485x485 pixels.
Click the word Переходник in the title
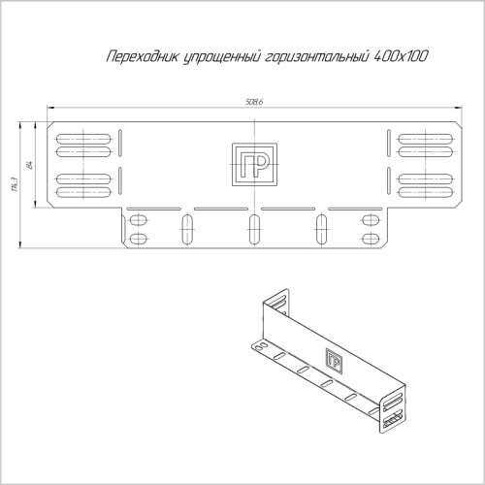138,58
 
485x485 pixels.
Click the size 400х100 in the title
401,58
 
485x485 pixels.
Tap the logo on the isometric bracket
335,361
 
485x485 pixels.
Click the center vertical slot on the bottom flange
254,229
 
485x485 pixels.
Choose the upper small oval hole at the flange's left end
139,220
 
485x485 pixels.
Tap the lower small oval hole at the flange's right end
370,238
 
